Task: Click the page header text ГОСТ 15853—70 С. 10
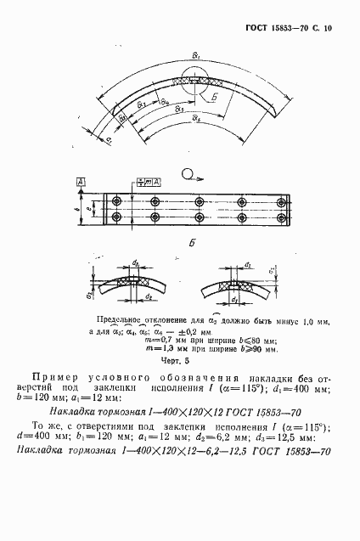tap(290, 27)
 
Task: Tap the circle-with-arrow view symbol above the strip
tap(188, 176)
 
